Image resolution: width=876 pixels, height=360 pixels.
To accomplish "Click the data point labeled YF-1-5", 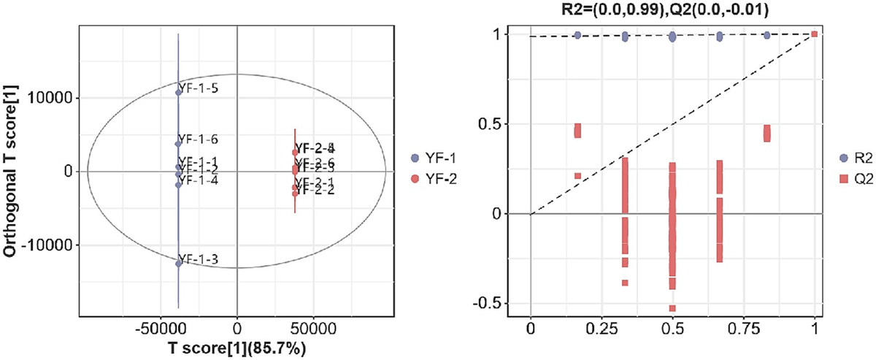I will pos(179,92).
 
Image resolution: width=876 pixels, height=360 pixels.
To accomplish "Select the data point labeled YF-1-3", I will pos(179,263).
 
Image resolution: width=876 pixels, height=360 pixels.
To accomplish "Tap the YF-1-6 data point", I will pos(179,143).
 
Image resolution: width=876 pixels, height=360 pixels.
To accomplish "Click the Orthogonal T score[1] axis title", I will pos(12,171).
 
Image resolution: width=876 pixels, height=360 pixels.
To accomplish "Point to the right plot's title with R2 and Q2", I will pos(672,9).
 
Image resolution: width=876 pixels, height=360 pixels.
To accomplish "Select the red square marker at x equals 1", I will pos(815,34).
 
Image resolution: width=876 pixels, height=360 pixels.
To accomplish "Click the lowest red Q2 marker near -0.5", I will pos(672,308).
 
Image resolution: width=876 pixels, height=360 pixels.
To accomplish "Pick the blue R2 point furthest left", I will pos(577,35).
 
